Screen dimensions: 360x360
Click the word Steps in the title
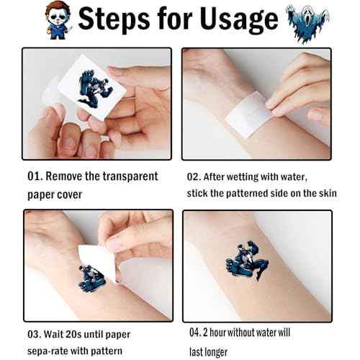point(114,19)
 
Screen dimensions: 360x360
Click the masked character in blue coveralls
point(58,20)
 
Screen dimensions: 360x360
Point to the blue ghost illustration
point(307,24)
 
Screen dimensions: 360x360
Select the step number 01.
point(35,176)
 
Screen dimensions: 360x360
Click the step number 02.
point(194,177)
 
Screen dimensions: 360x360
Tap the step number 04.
point(196,333)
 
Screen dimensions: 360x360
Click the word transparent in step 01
point(130,176)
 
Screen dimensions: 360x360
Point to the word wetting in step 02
point(243,177)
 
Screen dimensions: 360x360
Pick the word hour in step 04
point(217,333)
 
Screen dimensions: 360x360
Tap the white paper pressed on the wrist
point(248,114)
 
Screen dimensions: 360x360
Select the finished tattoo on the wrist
point(247,261)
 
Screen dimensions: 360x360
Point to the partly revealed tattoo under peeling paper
point(92,279)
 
